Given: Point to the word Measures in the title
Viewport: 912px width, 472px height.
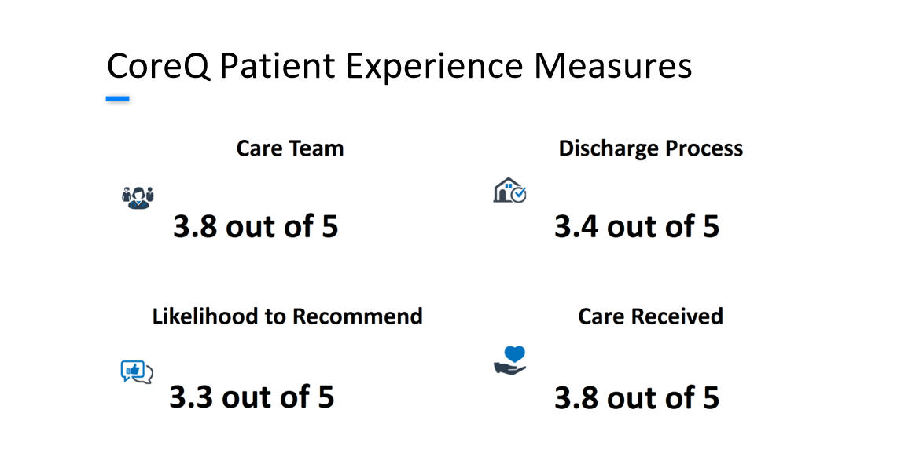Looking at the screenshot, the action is point(613,66).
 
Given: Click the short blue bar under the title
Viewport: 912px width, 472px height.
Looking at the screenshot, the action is point(117,99).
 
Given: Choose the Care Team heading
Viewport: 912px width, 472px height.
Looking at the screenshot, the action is point(289,148).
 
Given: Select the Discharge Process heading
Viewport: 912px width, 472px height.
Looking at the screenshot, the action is point(650,148).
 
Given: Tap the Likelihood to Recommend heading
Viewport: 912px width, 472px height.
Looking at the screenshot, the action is point(287,316).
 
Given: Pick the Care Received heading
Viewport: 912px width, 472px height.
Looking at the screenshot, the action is point(650,316).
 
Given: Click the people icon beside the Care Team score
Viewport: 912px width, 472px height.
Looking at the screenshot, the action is point(138,198).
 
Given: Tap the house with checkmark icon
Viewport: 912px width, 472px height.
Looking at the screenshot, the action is point(509,190).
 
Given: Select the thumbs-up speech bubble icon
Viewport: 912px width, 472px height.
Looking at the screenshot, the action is point(137,372).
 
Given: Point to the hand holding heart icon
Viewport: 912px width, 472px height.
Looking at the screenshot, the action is point(509,360).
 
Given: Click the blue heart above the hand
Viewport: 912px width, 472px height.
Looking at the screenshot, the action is point(515,353).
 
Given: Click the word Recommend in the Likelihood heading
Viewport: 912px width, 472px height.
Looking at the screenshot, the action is point(357,316).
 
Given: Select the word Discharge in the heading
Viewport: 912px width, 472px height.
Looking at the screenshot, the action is point(609,148).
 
